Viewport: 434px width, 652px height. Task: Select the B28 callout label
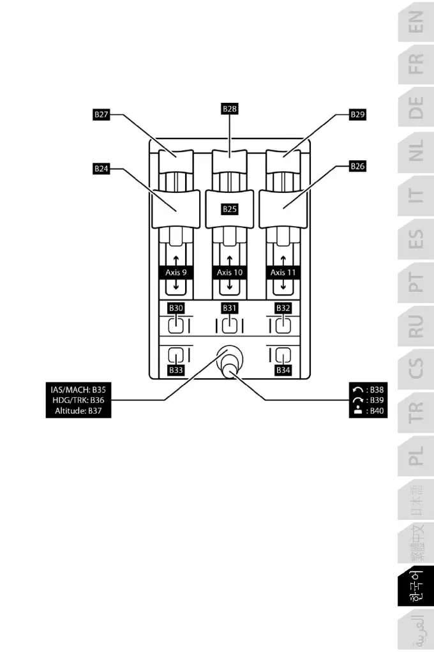(230, 109)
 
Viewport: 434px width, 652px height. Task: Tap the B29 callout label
(358, 115)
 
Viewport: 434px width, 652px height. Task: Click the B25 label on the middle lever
(230, 209)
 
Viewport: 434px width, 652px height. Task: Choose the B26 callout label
(358, 166)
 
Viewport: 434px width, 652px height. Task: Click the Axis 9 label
(176, 272)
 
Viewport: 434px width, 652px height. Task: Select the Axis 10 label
(230, 272)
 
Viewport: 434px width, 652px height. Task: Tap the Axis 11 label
(283, 272)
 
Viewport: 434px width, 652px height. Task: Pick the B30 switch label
(176, 308)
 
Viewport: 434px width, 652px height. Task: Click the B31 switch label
(230, 308)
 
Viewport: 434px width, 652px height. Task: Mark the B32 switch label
(283, 308)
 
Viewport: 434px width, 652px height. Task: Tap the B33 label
(176, 370)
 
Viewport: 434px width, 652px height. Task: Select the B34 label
(283, 370)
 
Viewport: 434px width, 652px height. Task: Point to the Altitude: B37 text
(78, 412)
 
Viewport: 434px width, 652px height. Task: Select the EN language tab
(415, 26)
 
